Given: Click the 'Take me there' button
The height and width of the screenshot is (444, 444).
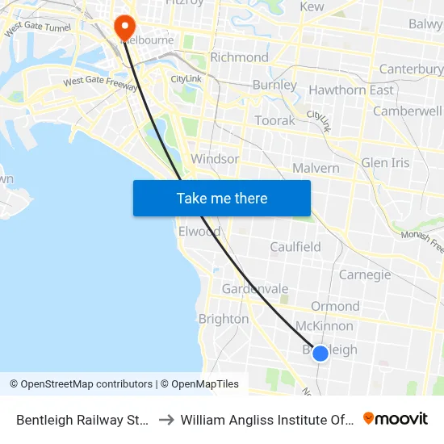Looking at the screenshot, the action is click(222, 198).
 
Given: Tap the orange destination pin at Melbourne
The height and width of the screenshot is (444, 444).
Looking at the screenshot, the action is click(124, 27).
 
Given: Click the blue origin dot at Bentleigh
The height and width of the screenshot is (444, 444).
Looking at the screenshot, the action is click(320, 353).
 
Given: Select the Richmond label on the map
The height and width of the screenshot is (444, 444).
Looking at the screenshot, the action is click(239, 57).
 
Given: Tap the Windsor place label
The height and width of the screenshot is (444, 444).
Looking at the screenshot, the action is click(215, 158).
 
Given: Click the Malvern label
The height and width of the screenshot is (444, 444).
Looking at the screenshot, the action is click(316, 167).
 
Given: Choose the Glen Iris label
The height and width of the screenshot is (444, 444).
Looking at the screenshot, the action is click(385, 162).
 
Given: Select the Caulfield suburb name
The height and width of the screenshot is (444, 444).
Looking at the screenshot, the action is click(295, 247).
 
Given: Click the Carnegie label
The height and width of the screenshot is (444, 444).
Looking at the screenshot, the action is click(365, 274).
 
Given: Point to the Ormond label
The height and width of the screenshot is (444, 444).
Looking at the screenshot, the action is click(335, 306).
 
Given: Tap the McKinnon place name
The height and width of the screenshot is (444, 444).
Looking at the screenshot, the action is click(325, 326).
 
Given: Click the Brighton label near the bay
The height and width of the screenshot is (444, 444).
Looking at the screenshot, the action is click(224, 319).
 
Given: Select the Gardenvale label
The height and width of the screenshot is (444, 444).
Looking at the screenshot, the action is click(255, 288).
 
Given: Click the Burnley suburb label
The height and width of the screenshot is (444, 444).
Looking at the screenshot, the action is click(274, 85).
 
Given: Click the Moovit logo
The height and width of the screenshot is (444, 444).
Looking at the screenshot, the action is click(396, 419).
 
